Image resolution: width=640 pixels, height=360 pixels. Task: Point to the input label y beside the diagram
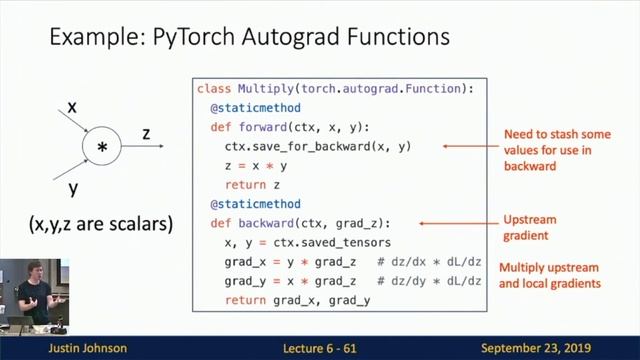73,187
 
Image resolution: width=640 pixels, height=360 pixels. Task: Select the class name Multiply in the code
264,89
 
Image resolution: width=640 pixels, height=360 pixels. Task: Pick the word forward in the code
261,126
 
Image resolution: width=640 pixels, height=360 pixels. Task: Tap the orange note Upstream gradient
531,228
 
